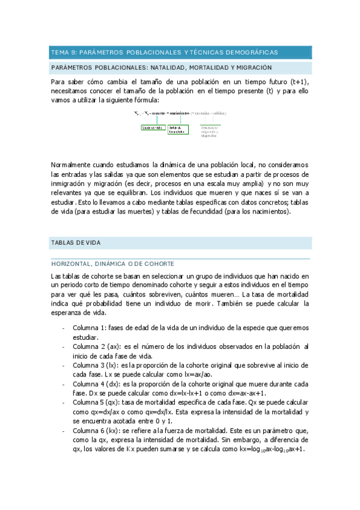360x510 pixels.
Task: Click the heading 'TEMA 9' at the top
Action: tap(64, 52)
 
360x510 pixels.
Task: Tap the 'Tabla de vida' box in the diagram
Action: tap(153, 127)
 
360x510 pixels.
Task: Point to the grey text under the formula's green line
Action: tap(210, 131)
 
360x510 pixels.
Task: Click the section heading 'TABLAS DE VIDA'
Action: tap(76, 243)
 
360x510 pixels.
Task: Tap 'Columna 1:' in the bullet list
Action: tap(89, 328)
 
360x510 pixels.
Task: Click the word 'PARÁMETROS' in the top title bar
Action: tap(102, 52)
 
